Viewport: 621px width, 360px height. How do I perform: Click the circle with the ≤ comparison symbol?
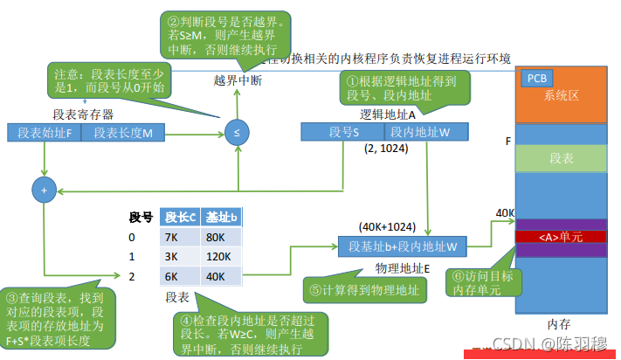pos(236,133)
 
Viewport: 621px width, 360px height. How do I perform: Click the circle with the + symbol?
pos(43,188)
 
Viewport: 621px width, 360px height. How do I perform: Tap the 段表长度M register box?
pos(123,133)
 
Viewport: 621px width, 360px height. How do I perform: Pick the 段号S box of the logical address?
pos(343,131)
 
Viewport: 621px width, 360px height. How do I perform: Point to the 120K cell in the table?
pos(218,257)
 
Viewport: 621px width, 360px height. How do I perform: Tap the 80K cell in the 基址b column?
pos(218,237)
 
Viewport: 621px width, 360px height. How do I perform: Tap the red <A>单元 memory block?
pos(560,236)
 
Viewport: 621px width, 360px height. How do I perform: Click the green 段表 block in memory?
pos(560,158)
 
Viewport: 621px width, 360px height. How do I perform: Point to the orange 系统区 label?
pos(561,94)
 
